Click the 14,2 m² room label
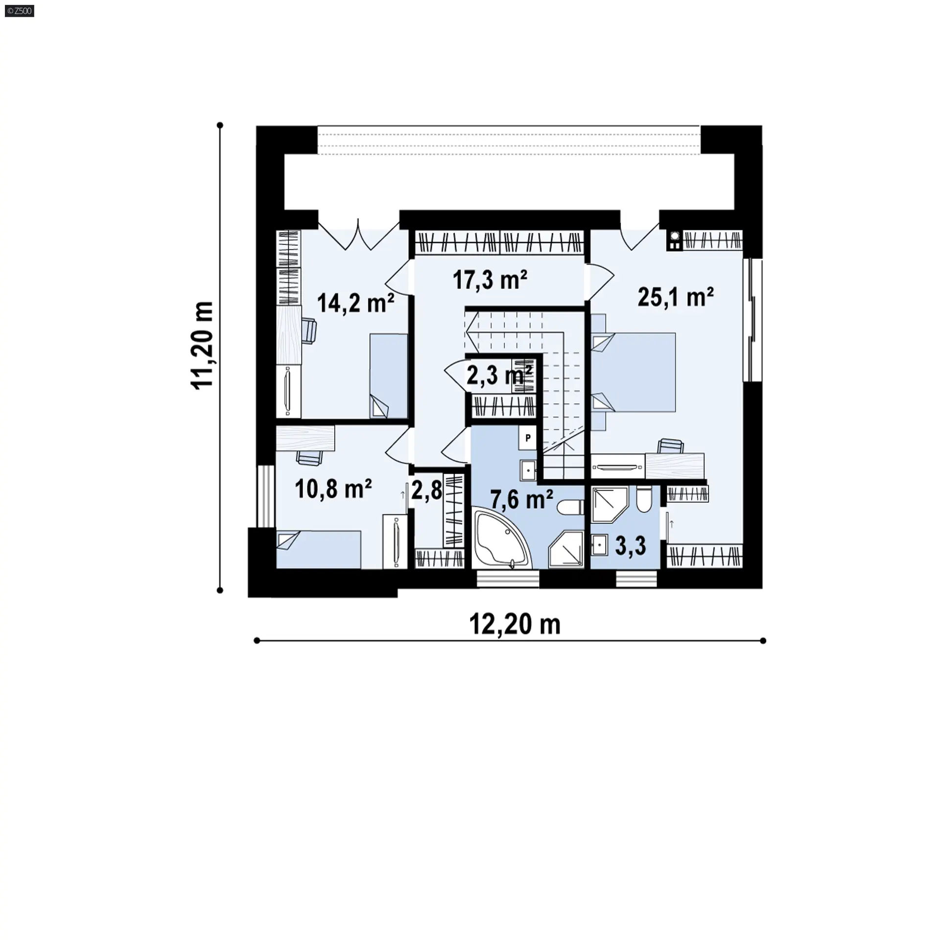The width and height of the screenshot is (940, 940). click(x=356, y=303)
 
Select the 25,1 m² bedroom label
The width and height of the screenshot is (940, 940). click(x=676, y=297)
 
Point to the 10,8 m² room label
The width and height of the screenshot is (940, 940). click(x=333, y=489)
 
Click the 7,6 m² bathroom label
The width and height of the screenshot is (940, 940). click(x=522, y=500)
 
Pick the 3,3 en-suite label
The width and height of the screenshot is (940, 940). click(x=631, y=545)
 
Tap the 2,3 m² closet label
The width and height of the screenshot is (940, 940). click(x=499, y=376)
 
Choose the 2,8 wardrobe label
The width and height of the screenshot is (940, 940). click(x=426, y=490)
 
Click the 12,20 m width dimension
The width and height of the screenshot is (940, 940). click(x=515, y=625)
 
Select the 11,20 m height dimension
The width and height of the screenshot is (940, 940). click(x=202, y=346)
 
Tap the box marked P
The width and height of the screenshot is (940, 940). click(x=528, y=438)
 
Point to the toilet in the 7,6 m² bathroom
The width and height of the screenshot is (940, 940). click(x=571, y=507)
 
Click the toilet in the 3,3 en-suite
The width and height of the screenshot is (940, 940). click(x=643, y=499)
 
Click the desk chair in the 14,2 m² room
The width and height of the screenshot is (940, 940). click(x=308, y=330)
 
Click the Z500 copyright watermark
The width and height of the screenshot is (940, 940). click(x=20, y=11)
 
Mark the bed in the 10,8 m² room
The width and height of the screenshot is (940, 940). click(x=319, y=550)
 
